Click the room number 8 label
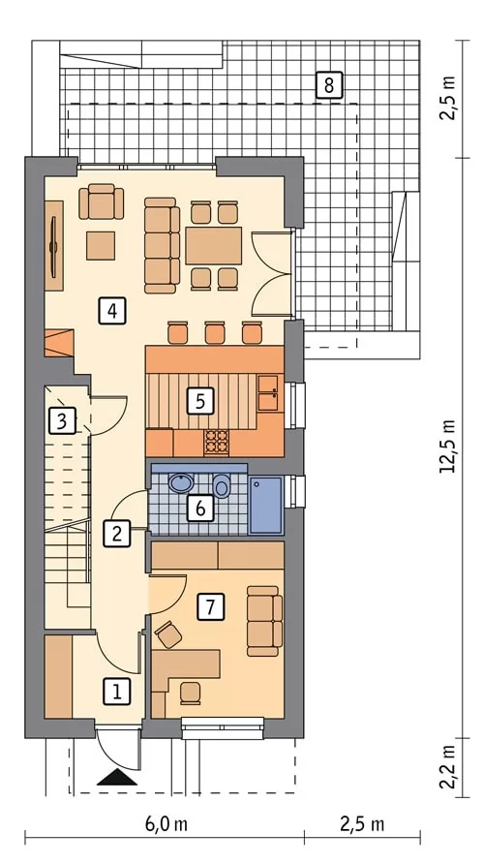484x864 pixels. (x=329, y=85)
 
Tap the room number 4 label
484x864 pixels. (x=111, y=311)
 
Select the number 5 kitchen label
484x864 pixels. (x=200, y=401)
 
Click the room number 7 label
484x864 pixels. (x=210, y=606)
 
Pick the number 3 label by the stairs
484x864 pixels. (x=62, y=421)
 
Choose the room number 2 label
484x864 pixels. (x=117, y=533)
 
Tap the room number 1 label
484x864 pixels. (x=117, y=692)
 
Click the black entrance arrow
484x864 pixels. (x=117, y=777)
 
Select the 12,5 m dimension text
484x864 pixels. (x=448, y=447)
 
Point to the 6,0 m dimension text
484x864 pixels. (x=166, y=824)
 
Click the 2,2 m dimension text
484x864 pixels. (x=448, y=767)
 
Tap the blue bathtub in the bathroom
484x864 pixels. (x=266, y=506)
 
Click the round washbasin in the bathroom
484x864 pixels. (x=181, y=483)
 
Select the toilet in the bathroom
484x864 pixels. (x=222, y=485)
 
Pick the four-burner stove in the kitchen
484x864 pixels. (x=217, y=443)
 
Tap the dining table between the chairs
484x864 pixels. (x=214, y=245)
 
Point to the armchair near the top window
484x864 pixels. (x=102, y=201)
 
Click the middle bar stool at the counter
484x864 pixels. (x=215, y=333)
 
